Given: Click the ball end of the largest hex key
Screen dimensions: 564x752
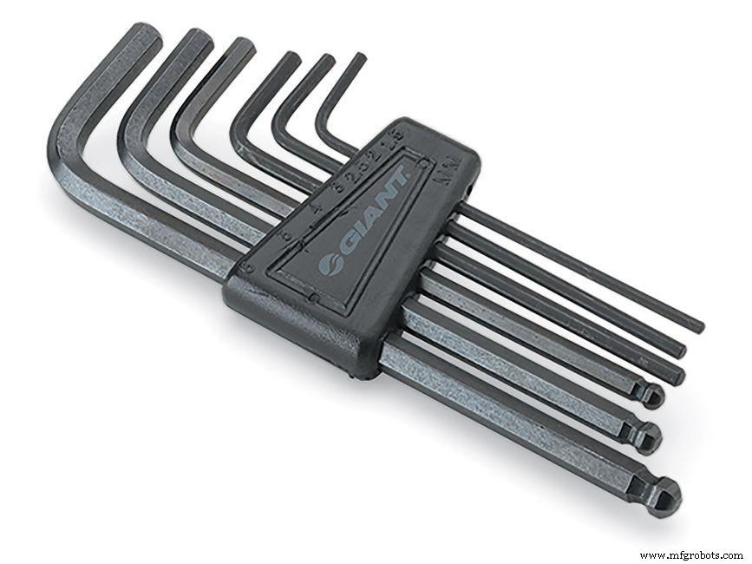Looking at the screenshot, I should point(666,495).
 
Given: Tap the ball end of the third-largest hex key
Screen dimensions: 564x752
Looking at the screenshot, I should point(651,397).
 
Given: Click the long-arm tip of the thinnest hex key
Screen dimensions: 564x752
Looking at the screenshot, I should point(697,327).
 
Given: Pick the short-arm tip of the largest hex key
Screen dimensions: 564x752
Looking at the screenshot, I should point(144,36).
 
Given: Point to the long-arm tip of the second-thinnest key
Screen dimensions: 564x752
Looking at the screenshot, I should point(678,350).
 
